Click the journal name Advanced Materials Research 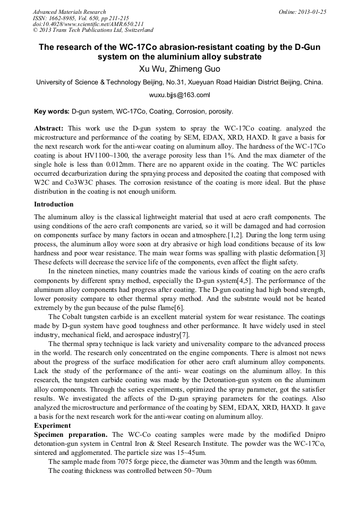click(x=69, y=12)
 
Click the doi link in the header click(x=88, y=24)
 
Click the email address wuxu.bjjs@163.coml click(x=179, y=96)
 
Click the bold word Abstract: click(x=49, y=128)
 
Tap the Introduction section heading click(x=54, y=204)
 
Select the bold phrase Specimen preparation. click(x=66, y=435)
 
